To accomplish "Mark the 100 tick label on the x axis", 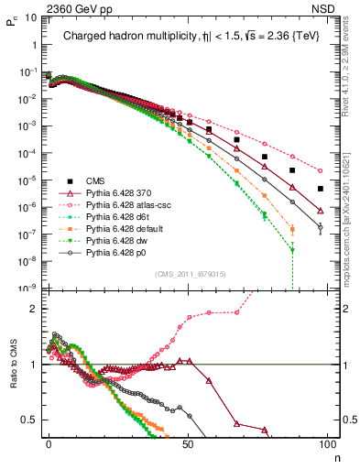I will (326, 443).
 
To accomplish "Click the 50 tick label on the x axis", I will (188, 443).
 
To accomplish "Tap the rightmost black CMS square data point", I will (321, 189).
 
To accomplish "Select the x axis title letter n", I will (335, 455).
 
